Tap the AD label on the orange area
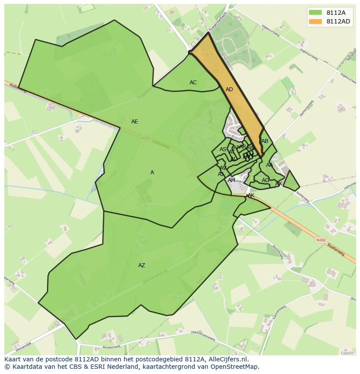pyautogui.click(x=229, y=89)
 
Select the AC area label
pyautogui.click(x=193, y=83)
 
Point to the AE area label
pyautogui.click(x=135, y=122)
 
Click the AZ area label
pyautogui.click(x=142, y=265)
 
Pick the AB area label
pyautogui.click(x=265, y=141)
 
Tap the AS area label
pyautogui.click(x=223, y=149)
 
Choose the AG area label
pyautogui.click(x=265, y=180)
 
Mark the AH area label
pyautogui.click(x=231, y=180)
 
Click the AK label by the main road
pyautogui.click(x=251, y=196)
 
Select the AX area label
pyautogui.click(x=279, y=184)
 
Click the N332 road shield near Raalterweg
pyautogui.click(x=321, y=240)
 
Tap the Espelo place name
pyautogui.click(x=347, y=353)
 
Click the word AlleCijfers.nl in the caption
pyautogui.click(x=228, y=359)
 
